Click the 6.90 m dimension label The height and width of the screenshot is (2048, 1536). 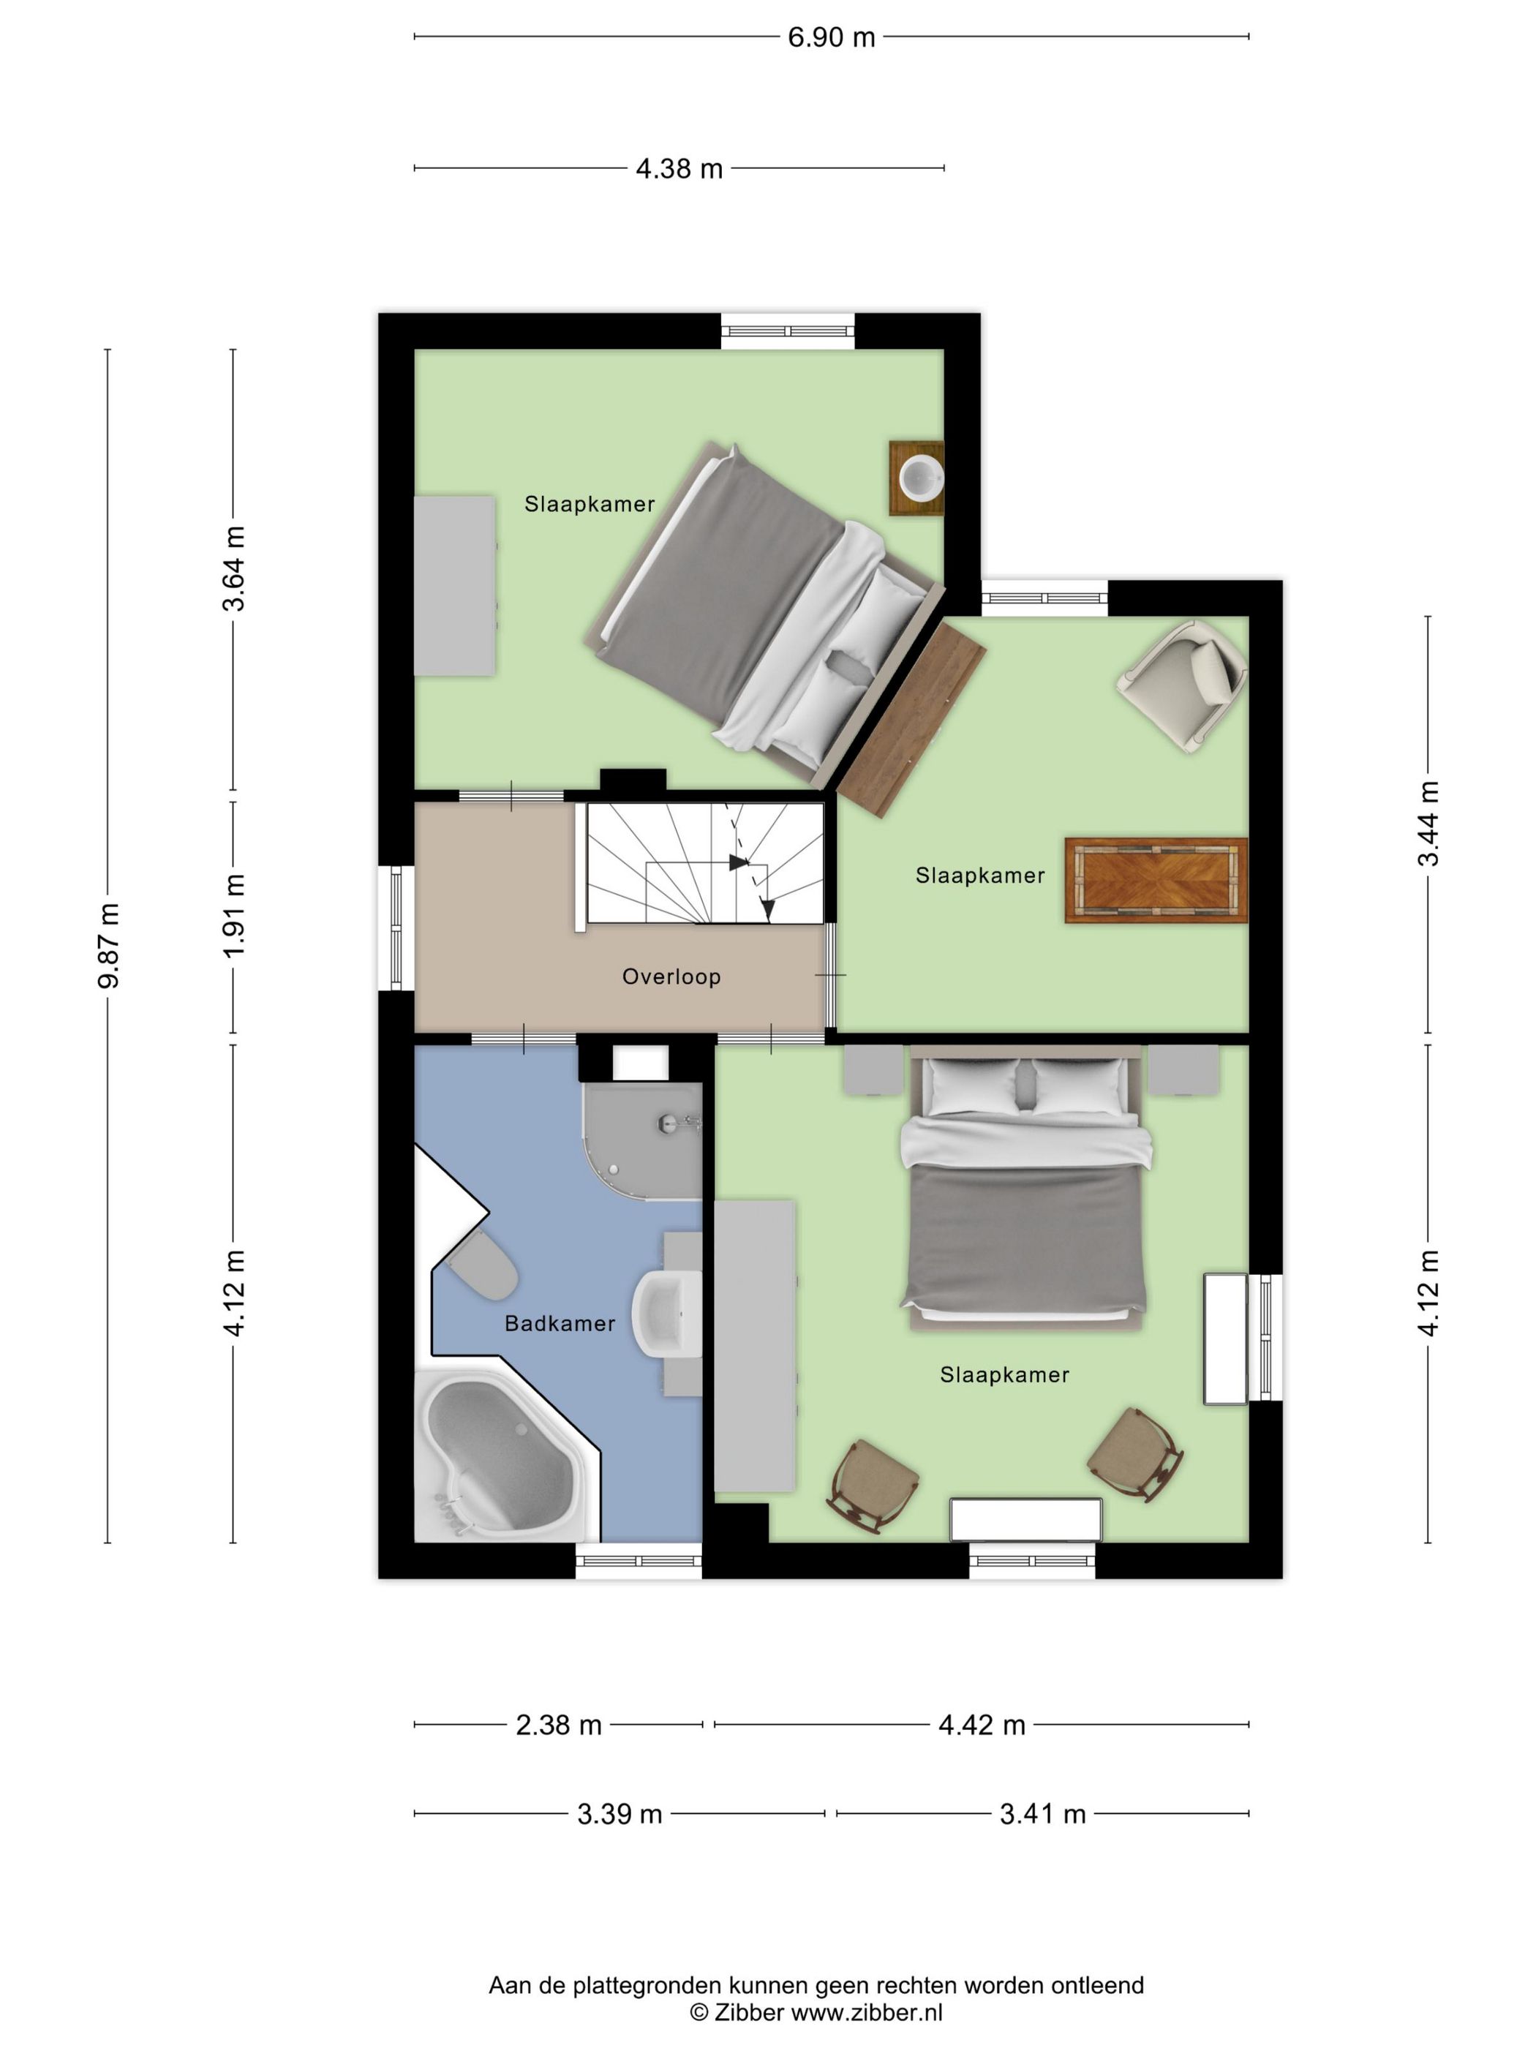tap(830, 37)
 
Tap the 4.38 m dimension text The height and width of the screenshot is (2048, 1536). tap(679, 168)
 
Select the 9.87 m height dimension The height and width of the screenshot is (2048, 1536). tap(109, 945)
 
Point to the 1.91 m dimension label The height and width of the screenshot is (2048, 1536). tap(234, 916)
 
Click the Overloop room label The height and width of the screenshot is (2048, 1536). tap(671, 976)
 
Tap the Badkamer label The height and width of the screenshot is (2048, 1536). tap(560, 1324)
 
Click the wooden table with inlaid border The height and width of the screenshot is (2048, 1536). tap(1156, 881)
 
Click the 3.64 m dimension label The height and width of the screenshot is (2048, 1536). tap(234, 568)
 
